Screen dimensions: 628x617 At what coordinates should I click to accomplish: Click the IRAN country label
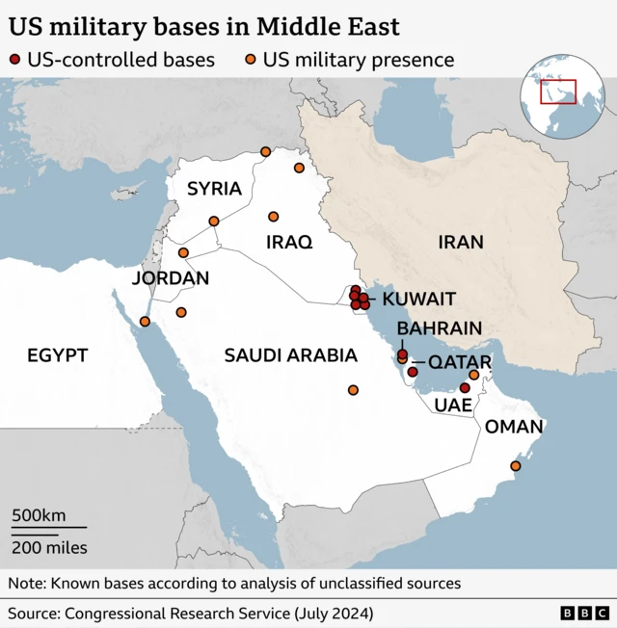point(460,242)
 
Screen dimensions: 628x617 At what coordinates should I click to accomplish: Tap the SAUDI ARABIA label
point(290,355)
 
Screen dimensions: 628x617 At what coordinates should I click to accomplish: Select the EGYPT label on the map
point(57,355)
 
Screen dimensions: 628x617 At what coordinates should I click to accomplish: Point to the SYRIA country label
point(213,189)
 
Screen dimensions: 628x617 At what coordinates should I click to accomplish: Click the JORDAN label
point(171,278)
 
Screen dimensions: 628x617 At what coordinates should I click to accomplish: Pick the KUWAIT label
point(418,300)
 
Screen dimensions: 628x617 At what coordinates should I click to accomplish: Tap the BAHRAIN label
point(439,329)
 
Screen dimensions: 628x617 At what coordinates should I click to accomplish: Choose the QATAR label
point(459,362)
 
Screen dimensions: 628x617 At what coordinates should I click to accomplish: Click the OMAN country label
point(514,427)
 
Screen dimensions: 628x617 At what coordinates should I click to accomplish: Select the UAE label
point(453,406)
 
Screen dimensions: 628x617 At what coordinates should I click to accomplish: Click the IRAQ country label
point(289,243)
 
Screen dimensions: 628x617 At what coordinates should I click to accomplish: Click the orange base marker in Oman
point(515,466)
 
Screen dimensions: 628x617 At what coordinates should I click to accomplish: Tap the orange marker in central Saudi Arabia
point(353,390)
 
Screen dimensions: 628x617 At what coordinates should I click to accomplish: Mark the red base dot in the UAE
point(465,388)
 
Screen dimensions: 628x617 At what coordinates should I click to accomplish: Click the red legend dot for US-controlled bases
point(14,60)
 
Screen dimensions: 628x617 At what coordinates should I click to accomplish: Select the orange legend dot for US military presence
point(249,60)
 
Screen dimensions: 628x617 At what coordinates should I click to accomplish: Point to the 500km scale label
point(39,515)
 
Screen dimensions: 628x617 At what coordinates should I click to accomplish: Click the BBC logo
point(584,613)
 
